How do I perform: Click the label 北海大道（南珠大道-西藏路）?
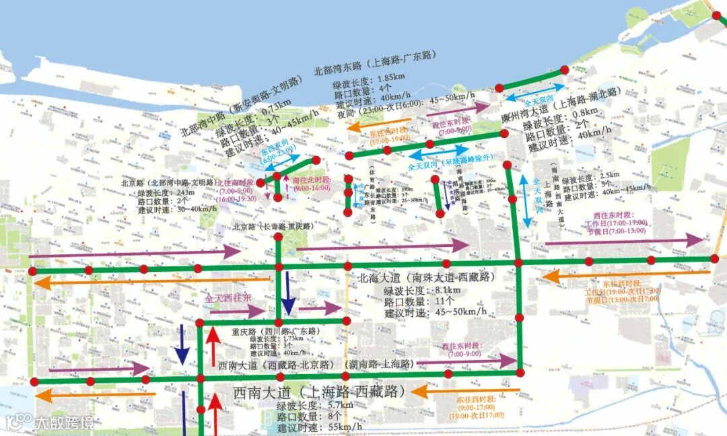426,277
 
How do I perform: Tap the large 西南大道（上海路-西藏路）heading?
319,392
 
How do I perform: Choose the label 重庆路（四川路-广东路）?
276,332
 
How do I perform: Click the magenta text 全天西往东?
228,297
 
